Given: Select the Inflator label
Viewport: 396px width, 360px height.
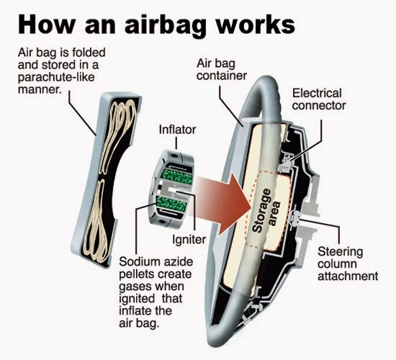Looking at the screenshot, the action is tap(177, 130).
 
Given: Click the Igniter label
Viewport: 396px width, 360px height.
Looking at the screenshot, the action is tap(189, 239).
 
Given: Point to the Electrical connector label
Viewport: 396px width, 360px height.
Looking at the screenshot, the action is tap(319, 99).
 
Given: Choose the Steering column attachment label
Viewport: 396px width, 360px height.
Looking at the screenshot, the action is tap(348, 264).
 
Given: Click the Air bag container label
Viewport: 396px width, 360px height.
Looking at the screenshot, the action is tap(222, 69).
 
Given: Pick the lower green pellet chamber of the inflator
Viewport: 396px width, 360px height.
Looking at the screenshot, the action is tap(171, 204).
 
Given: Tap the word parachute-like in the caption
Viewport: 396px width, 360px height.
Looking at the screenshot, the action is tap(56, 77).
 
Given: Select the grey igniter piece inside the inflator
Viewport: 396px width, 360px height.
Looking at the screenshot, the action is tap(174, 191).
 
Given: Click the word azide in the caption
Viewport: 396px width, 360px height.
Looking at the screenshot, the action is tap(179, 262).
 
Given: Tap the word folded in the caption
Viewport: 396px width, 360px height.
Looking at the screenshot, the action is tap(89, 53).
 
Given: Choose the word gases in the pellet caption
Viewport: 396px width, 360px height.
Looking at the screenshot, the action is tap(135, 287).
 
